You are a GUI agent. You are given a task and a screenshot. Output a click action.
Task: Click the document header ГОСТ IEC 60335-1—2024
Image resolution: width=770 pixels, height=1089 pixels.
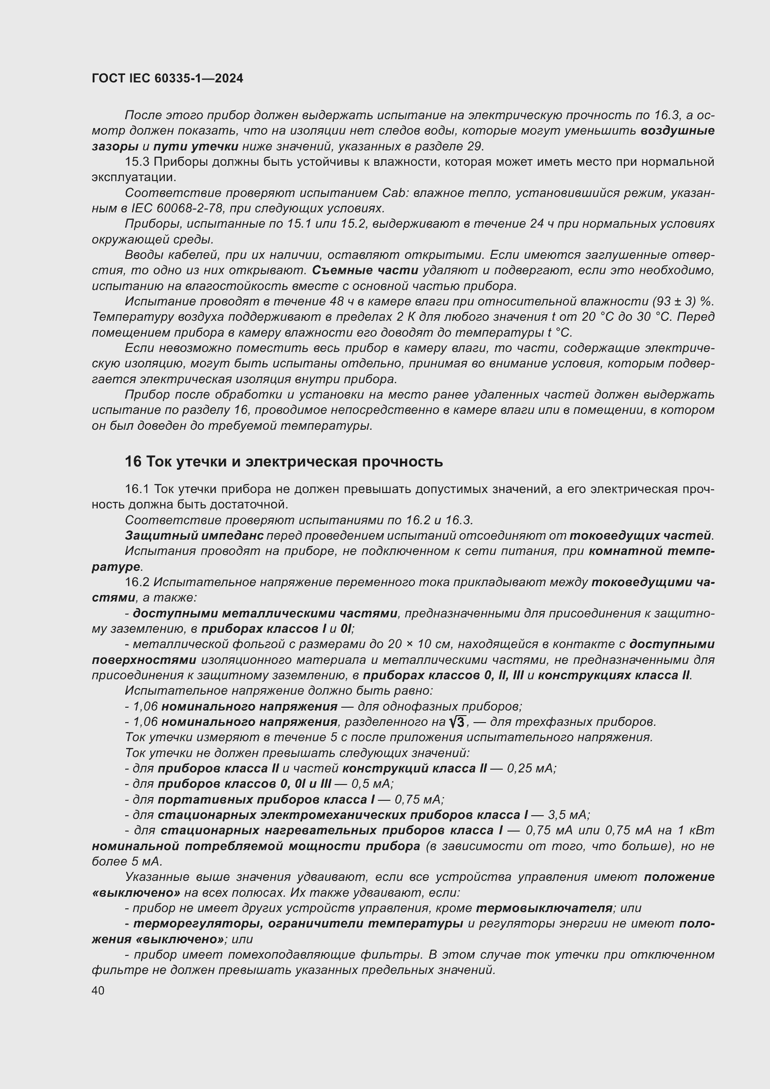click(168, 78)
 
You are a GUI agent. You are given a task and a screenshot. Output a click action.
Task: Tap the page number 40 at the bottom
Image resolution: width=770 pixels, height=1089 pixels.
click(98, 990)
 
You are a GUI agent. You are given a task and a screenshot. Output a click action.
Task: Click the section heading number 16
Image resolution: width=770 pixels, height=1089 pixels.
click(133, 461)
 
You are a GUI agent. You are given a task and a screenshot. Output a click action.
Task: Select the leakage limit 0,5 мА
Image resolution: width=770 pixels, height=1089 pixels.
click(373, 784)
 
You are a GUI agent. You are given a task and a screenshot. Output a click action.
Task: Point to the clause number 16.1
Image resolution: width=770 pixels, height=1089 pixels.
click(137, 489)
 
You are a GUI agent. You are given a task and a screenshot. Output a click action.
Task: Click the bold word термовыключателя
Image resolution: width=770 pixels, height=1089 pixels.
click(544, 908)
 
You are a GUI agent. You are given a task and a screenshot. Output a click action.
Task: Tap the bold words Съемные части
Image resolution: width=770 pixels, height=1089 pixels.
click(365, 271)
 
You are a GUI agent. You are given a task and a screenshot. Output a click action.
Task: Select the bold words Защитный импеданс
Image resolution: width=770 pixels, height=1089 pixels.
click(194, 535)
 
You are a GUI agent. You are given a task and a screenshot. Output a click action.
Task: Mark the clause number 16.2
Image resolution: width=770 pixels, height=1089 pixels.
click(137, 582)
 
